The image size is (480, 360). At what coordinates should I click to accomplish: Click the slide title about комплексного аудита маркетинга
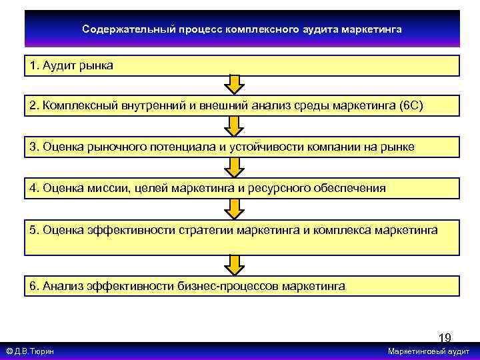pyautogui.click(x=242, y=29)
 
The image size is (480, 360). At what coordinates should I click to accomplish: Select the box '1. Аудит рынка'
pyautogui.click(x=242, y=66)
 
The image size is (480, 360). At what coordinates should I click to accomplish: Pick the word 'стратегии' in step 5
pyautogui.click(x=203, y=230)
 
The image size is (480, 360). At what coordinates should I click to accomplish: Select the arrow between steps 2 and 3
pyautogui.click(x=233, y=126)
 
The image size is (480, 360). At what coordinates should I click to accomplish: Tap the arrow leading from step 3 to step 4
pyautogui.click(x=233, y=167)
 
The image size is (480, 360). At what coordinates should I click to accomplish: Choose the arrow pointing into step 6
pyautogui.click(x=233, y=265)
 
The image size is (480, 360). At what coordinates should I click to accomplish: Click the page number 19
pyautogui.click(x=444, y=338)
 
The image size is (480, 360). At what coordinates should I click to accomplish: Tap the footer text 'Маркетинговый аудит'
pyautogui.click(x=428, y=351)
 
